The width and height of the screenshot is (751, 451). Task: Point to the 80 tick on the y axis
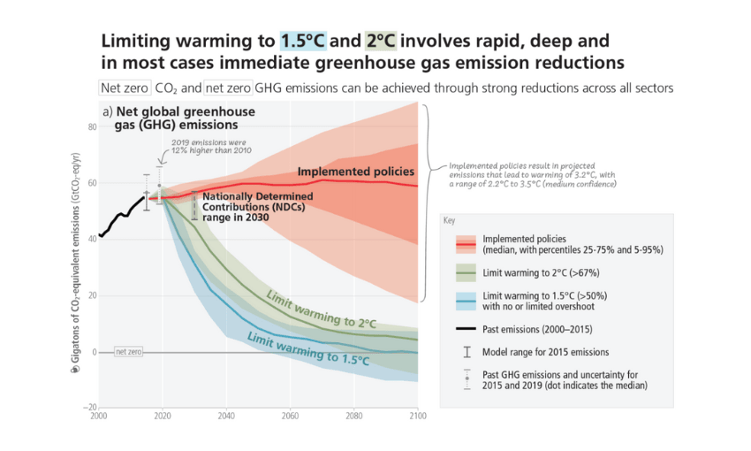[90, 127]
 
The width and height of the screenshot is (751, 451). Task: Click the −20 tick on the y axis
[89, 407]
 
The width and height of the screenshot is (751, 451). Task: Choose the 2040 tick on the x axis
[225, 415]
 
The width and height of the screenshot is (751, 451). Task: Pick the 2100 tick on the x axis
[417, 415]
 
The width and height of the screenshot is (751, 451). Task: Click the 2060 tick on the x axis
[290, 415]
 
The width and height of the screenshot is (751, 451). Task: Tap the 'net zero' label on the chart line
[128, 351]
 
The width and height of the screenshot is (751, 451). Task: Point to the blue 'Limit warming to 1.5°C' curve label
[308, 348]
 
